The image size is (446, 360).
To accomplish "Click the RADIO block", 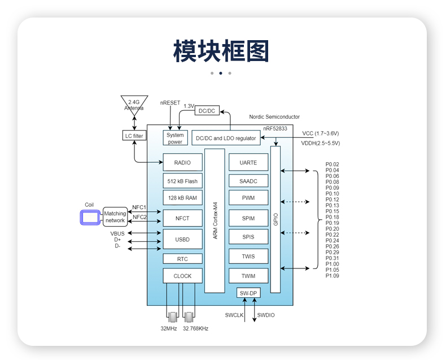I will tap(182, 162).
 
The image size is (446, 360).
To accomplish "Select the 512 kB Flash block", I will tap(182, 181).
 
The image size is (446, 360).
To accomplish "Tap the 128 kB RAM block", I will tap(182, 198).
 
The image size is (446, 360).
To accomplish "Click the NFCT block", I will tap(182, 218).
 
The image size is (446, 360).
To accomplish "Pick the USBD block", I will tap(182, 239).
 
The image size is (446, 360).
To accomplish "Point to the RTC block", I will tap(182, 259).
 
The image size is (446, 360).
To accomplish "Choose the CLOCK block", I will tap(182, 276).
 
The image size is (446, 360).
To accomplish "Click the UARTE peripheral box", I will tap(248, 162).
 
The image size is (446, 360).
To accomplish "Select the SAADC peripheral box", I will tap(248, 180).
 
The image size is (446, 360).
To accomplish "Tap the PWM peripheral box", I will tap(248, 198).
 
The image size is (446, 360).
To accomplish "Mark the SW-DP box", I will tap(248, 293).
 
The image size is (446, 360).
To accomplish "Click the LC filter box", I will tap(134, 136).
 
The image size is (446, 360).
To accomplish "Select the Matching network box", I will tap(115, 217).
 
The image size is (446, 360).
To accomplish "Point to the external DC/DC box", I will tap(207, 111).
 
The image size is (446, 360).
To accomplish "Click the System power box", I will tap(175, 138).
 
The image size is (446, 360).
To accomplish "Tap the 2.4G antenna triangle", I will tap(134, 105).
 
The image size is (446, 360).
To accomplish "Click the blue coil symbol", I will tap(90, 217).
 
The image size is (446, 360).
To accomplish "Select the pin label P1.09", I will tap(333, 276).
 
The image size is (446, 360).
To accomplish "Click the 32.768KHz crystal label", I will tap(195, 328).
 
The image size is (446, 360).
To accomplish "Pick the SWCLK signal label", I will tap(234, 315).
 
